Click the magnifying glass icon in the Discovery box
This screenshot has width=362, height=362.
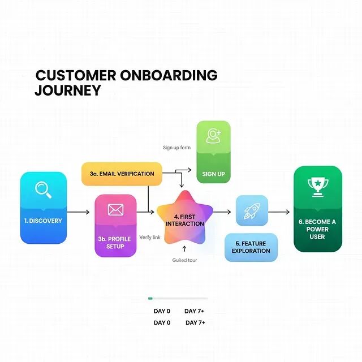43,189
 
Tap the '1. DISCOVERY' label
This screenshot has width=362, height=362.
43,221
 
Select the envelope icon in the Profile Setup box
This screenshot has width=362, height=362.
115,210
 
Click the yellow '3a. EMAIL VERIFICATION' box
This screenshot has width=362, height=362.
122,174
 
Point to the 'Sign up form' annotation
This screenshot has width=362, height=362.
176,148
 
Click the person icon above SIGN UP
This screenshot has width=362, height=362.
213,136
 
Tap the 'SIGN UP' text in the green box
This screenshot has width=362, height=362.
213,174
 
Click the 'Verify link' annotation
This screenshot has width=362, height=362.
150,237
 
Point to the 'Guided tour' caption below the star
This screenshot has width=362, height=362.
184,260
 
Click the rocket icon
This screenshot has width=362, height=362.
251,211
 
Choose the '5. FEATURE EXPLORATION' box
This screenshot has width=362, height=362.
251,247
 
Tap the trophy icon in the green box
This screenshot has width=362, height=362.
317,186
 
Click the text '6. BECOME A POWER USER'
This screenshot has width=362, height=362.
317,229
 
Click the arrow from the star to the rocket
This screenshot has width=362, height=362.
223,212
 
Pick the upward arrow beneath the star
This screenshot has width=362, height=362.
184,248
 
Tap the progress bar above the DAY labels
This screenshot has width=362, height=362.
178,298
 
